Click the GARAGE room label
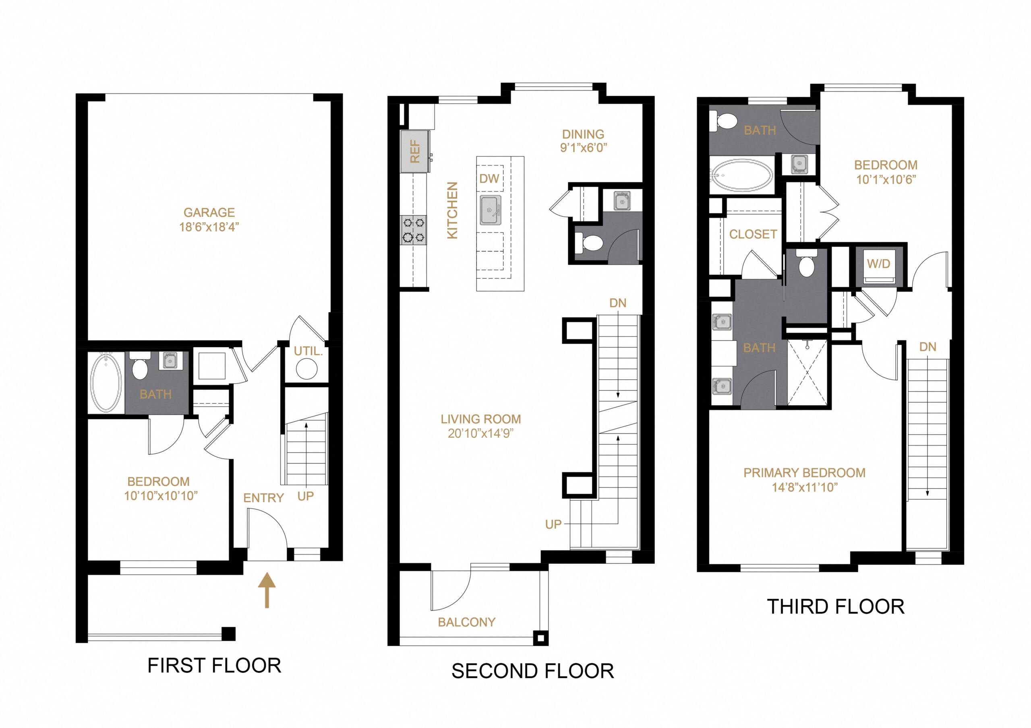[209, 212]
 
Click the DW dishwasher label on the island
[489, 179]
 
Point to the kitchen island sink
[491, 210]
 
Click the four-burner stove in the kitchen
[413, 229]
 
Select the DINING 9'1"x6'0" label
[583, 140]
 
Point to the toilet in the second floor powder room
[590, 243]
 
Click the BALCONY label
[466, 622]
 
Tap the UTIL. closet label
[308, 351]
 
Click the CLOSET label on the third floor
[753, 234]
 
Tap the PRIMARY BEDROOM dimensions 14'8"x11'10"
[804, 487]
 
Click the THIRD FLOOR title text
[835, 607]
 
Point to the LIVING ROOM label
[480, 419]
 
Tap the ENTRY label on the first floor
[263, 498]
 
